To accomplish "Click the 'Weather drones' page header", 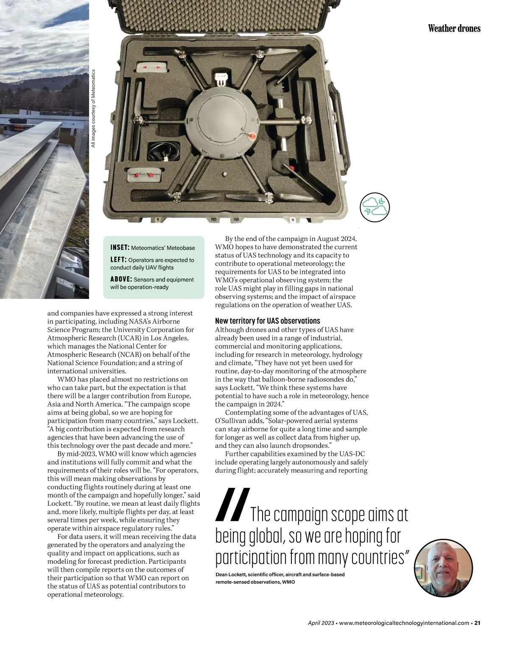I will point(454,28).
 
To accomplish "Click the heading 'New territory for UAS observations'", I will point(267,321).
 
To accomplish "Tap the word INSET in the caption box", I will point(120,248).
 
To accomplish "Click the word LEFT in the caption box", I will point(118,259).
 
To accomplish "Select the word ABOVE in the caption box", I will point(121,279).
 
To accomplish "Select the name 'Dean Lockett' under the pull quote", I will point(231,575).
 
